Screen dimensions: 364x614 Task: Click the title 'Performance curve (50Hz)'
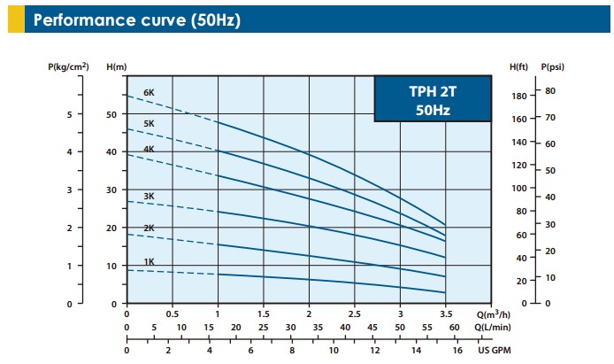(136, 19)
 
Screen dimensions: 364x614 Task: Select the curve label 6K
(149, 92)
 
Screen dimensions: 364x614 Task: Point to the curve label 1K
(149, 262)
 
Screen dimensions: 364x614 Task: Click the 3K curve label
(149, 195)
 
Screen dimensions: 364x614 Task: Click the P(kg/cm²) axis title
(68, 66)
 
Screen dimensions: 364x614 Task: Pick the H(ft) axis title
(520, 66)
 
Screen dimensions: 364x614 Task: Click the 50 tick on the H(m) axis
(111, 114)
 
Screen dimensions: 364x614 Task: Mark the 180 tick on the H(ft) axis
(519, 96)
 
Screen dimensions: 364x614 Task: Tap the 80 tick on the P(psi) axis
(549, 90)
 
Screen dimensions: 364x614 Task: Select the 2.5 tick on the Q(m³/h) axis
(354, 314)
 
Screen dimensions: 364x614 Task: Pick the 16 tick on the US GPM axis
(457, 350)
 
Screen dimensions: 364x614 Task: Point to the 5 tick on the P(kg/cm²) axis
(71, 114)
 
